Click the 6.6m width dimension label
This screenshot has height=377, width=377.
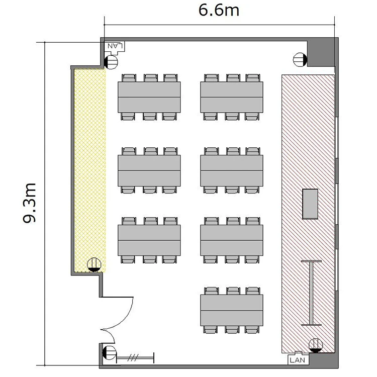coord(219,11)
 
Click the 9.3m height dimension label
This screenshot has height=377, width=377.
coord(29,203)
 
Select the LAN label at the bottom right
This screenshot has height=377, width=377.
coord(298,360)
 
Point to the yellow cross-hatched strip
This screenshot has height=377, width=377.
coord(90,170)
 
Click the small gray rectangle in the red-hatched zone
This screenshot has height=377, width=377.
coord(310,204)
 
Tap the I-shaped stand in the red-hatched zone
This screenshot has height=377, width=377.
coord(311,293)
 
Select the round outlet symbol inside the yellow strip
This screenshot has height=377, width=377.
coord(94,265)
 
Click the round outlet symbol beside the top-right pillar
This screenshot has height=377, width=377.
coord(300,59)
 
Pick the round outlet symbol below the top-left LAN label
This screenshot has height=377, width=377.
coord(111,62)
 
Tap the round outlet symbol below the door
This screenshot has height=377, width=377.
coord(110,353)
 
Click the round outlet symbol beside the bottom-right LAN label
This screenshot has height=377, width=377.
coord(316,345)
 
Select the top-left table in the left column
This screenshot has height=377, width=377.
coord(149,97)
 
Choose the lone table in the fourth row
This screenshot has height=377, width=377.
coord(232,310)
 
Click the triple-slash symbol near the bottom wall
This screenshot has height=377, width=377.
coord(133,358)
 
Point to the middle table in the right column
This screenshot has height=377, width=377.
coord(232,170)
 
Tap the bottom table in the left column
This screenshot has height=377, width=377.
coord(149,240)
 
